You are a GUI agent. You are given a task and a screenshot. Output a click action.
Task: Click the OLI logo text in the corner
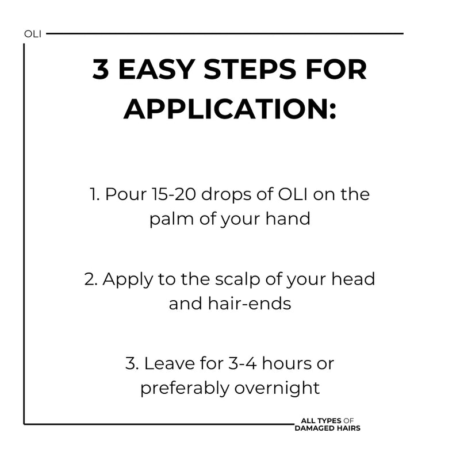click(33, 34)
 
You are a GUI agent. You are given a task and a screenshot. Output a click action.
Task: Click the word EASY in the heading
click(156, 69)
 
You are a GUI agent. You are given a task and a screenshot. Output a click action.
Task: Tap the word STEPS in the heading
click(250, 69)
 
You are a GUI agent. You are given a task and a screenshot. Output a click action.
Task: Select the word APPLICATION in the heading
click(230, 109)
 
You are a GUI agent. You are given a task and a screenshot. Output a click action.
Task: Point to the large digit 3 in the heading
click(101, 69)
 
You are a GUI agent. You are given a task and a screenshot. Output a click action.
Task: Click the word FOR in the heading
click(336, 69)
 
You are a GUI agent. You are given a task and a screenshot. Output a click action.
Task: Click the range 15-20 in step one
click(174, 194)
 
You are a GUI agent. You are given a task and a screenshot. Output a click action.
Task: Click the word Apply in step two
click(128, 279)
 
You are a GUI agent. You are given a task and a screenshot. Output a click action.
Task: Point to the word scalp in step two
click(237, 279)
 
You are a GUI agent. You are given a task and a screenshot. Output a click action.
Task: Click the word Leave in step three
click(169, 363)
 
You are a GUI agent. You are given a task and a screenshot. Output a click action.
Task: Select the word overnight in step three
click(277, 389)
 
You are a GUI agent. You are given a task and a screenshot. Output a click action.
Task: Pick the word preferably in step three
click(185, 389)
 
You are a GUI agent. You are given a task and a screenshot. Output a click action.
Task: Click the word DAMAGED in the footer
click(311, 428)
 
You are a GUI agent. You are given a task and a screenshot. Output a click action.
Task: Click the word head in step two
click(353, 279)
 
